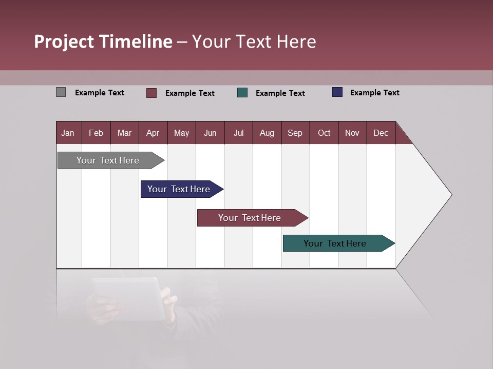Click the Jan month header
tap(68, 133)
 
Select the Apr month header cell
tap(153, 133)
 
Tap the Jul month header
tap(238, 133)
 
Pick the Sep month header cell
tap(295, 133)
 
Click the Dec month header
tap(381, 133)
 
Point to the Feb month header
tap(96, 133)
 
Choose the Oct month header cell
tap(324, 133)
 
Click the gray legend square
tap(61, 92)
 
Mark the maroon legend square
tap(151, 93)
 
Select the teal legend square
tap(242, 93)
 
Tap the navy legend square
tap(337, 92)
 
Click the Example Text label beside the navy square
tap(374, 93)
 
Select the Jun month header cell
tap(210, 133)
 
